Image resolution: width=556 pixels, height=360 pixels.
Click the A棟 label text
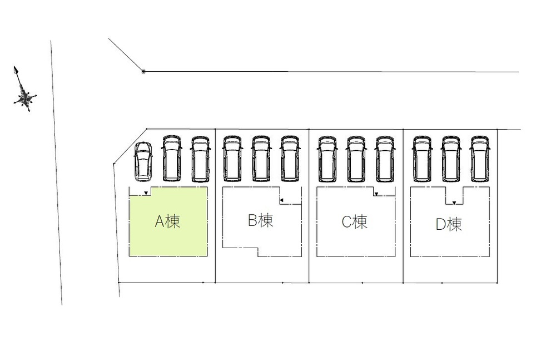(167, 221)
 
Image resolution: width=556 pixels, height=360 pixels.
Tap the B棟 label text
(261, 220)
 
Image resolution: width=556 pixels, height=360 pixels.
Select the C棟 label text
(355, 222)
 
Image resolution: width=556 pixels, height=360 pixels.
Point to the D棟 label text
(449, 224)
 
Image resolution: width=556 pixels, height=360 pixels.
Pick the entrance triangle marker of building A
(146, 193)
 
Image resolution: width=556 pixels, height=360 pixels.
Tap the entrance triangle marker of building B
(281, 201)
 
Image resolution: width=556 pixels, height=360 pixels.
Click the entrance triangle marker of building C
(376, 194)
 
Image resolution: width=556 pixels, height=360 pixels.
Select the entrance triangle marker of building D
(454, 203)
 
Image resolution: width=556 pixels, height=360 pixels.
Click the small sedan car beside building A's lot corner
(143, 161)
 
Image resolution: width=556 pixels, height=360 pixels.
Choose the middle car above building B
(261, 158)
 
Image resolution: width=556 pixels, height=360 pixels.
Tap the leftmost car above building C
(327, 158)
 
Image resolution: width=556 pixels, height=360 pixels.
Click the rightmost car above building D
(480, 158)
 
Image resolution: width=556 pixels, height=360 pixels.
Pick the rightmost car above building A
(200, 158)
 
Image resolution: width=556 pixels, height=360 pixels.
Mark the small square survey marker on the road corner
(143, 72)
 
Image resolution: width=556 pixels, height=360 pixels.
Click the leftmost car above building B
(232, 158)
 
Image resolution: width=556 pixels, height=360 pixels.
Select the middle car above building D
(451, 158)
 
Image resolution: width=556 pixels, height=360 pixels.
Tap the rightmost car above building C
(385, 158)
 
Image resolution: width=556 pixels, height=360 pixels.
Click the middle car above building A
(172, 158)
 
